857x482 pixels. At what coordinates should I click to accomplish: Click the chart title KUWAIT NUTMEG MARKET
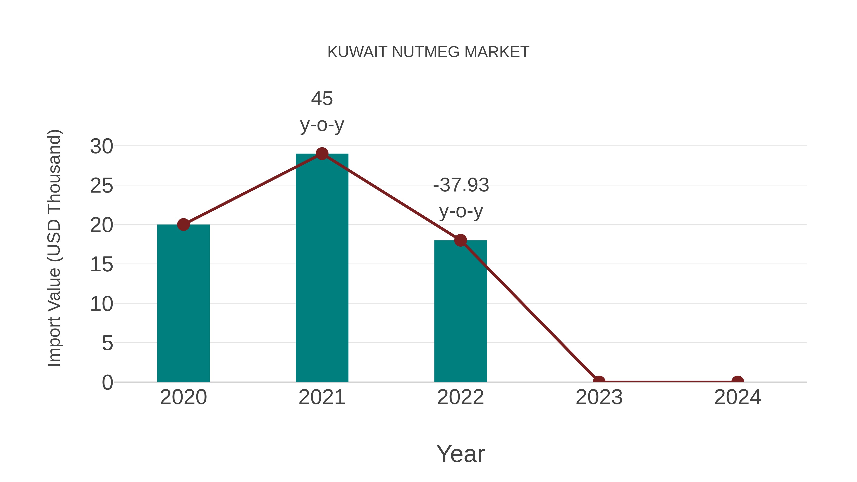tap(428, 52)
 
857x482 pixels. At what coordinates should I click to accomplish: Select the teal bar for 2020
tap(183, 303)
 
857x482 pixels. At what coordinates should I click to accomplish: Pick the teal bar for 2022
tap(460, 311)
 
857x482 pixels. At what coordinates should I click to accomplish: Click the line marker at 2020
tap(183, 224)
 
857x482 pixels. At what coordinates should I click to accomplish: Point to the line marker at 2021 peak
tap(322, 154)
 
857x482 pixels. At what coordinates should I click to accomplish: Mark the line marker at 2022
tap(460, 240)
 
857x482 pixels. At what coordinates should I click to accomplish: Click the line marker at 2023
tap(599, 381)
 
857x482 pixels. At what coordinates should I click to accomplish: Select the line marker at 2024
tap(737, 381)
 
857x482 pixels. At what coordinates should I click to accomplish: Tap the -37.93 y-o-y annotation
tap(461, 198)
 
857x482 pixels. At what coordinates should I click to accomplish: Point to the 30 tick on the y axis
tap(101, 146)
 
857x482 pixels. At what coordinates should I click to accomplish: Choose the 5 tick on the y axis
tap(107, 343)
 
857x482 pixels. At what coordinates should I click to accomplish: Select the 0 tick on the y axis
tap(107, 382)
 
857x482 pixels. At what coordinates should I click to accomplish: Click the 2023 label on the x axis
tap(599, 397)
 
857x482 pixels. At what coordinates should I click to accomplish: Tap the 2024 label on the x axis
tap(737, 397)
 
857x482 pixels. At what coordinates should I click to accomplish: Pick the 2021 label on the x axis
tap(322, 397)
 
